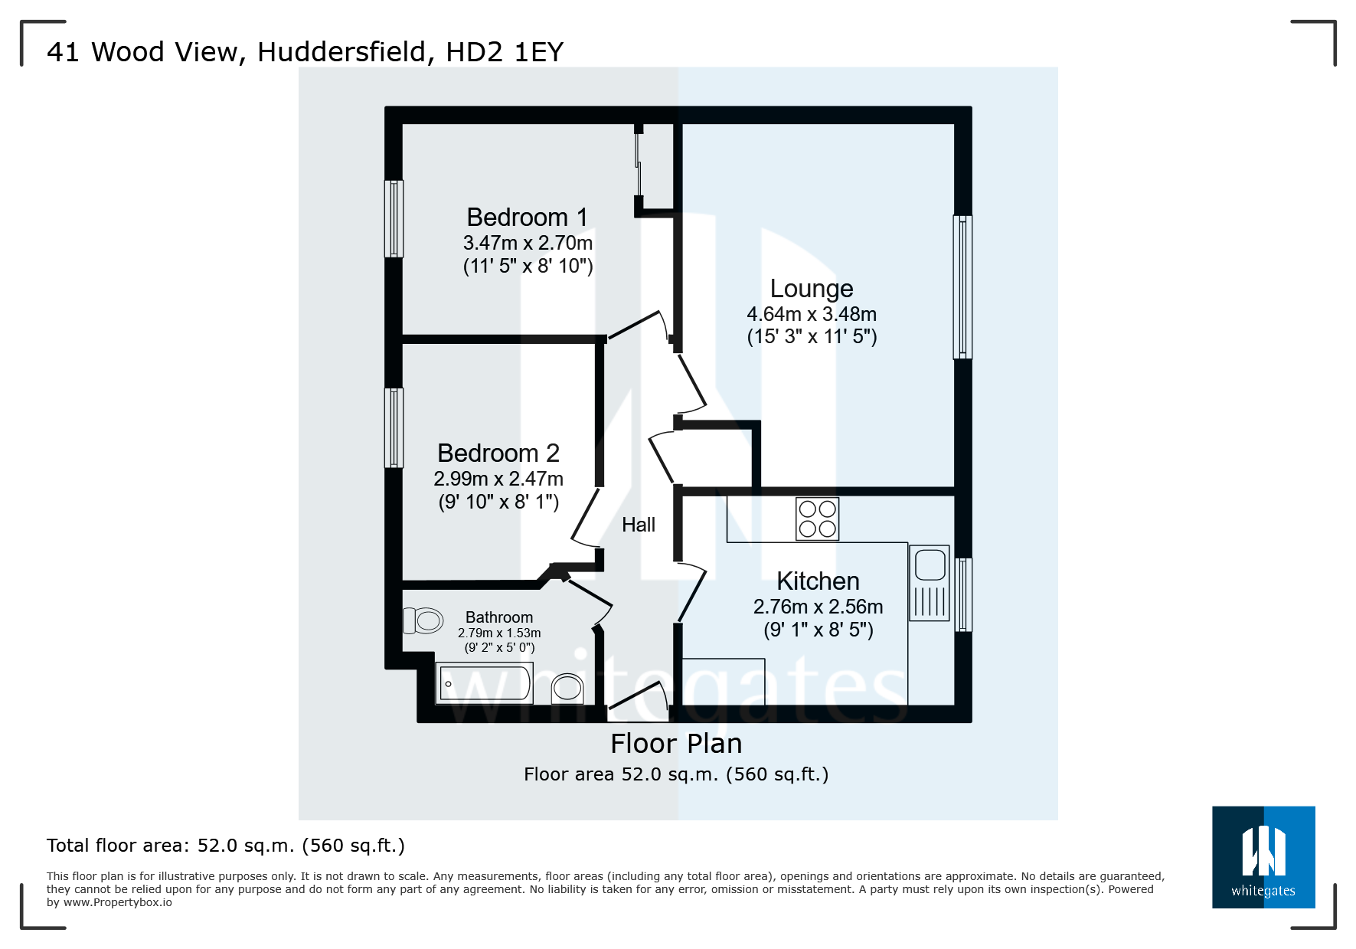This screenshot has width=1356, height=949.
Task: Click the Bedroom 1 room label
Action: pyautogui.click(x=527, y=218)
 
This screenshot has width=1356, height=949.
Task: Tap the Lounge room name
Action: pyautogui.click(x=812, y=289)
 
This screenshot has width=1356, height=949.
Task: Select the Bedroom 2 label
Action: pyautogui.click(x=498, y=453)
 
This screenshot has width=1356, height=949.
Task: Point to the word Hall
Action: pyautogui.click(x=639, y=525)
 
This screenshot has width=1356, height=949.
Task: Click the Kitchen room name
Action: pyautogui.click(x=818, y=581)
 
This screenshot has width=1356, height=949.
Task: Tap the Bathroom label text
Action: pyautogui.click(x=499, y=617)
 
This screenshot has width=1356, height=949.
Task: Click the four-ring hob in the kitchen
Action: pyautogui.click(x=817, y=519)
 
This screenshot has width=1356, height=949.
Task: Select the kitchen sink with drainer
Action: pyautogui.click(x=930, y=583)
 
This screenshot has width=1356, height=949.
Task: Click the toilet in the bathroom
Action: pyautogui.click(x=423, y=620)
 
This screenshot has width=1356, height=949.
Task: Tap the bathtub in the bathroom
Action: pyautogui.click(x=485, y=683)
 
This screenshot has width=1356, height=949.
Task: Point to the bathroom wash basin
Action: pyautogui.click(x=567, y=687)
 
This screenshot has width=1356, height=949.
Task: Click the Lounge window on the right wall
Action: pyautogui.click(x=962, y=287)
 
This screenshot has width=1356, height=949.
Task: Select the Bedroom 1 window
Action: pyautogui.click(x=394, y=219)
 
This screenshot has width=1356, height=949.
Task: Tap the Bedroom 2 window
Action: pyautogui.click(x=394, y=428)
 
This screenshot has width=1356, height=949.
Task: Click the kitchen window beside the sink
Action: pyautogui.click(x=963, y=595)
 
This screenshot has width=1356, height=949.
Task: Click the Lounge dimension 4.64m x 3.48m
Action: pyautogui.click(x=812, y=314)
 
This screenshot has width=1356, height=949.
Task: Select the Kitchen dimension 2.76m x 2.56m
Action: pyautogui.click(x=818, y=607)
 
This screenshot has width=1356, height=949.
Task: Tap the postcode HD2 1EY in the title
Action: pyautogui.click(x=505, y=52)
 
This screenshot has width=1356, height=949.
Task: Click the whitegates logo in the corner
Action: pyautogui.click(x=1263, y=857)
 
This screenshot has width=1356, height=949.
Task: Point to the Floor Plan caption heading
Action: pyautogui.click(x=676, y=744)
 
